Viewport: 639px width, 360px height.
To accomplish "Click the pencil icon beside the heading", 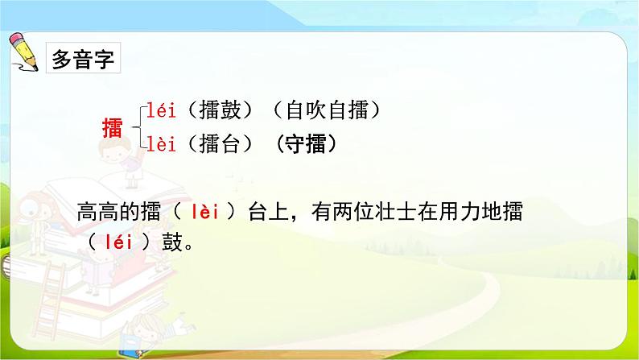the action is coord(23,52).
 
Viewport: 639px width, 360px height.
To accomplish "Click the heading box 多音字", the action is coord(83,57).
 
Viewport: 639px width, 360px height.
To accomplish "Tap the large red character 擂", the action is coord(112,127).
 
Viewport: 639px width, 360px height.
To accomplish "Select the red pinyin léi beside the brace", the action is coord(161,110).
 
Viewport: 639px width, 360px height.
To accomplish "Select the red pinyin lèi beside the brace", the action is coord(161,144).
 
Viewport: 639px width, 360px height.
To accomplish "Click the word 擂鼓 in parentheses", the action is coord(221,110).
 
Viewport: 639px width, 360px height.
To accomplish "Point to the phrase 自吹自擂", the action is coord(328,110).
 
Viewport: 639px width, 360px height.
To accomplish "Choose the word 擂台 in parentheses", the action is coord(221,144).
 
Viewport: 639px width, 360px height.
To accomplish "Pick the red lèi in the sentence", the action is coord(205,212).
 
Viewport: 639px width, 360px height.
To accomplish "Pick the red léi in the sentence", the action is coord(118,242).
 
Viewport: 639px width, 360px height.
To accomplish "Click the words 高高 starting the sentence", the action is coord(97,212).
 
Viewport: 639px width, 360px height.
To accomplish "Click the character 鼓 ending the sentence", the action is coord(172,242).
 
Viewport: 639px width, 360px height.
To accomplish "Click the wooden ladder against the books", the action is coord(50,300).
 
